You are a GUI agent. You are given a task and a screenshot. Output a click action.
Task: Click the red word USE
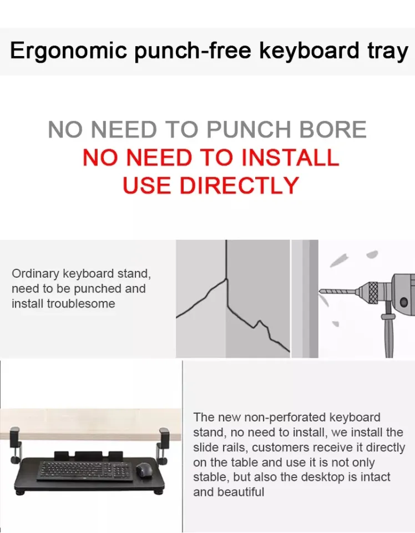click(x=146, y=185)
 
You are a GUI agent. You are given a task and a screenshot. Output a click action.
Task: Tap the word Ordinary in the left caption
click(x=36, y=274)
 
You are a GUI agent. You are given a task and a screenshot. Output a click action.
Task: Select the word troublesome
click(x=81, y=304)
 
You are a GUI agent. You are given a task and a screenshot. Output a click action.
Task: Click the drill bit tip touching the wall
click(x=321, y=291)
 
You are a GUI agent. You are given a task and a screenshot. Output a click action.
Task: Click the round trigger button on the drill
click(x=404, y=301)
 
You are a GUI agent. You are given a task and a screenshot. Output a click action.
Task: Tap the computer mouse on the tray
click(x=144, y=470)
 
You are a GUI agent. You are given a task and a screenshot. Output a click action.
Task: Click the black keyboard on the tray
click(x=85, y=471)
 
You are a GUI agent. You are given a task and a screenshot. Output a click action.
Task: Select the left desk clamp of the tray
click(x=16, y=445)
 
